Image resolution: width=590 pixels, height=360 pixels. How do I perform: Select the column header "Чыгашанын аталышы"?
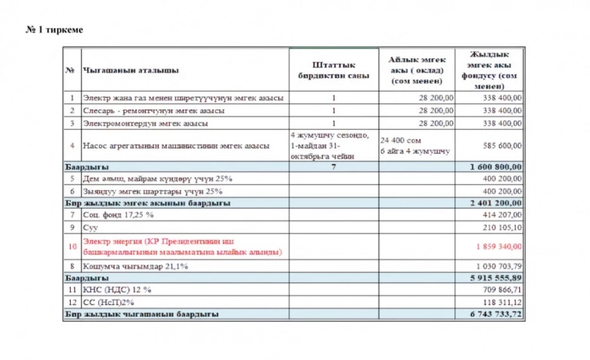[x=130, y=70]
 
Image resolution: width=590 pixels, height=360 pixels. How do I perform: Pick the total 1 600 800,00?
[x=495, y=167]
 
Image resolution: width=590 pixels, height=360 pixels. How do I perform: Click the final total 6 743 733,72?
[x=495, y=314]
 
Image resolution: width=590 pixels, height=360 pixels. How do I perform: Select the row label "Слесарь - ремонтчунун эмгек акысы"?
[x=153, y=110]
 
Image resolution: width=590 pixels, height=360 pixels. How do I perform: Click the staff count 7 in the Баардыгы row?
[x=333, y=167]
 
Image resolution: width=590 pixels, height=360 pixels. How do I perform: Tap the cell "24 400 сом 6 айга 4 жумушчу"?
[x=414, y=145]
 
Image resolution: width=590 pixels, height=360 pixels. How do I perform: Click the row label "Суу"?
[x=90, y=226]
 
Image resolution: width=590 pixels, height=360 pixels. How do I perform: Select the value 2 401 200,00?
[x=495, y=203]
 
